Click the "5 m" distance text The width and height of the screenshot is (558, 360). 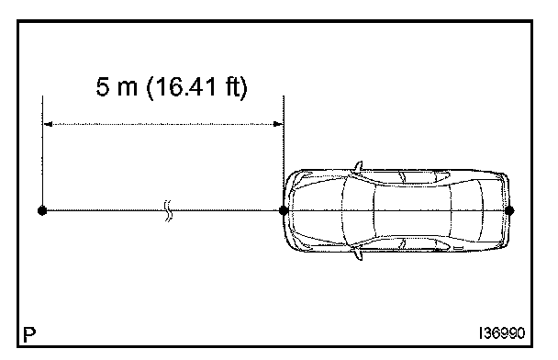pyautogui.click(x=117, y=87)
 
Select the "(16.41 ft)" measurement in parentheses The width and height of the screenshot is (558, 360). pyautogui.click(x=196, y=87)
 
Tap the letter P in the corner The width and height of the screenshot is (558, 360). pyautogui.click(x=29, y=334)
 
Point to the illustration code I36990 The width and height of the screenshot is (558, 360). pyautogui.click(x=502, y=333)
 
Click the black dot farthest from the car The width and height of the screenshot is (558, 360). pyautogui.click(x=42, y=211)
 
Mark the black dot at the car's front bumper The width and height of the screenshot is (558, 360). pyautogui.click(x=284, y=210)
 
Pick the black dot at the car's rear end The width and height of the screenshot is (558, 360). pyautogui.click(x=509, y=210)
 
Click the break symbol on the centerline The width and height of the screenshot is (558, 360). pyautogui.click(x=168, y=211)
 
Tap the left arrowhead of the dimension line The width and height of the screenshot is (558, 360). pyautogui.click(x=48, y=124)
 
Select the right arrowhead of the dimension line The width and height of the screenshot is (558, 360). pyautogui.click(x=278, y=124)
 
